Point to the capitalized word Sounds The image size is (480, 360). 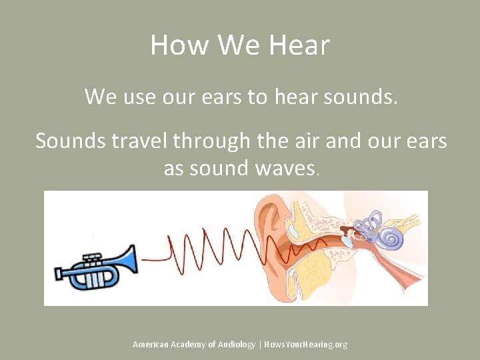[x=69, y=141]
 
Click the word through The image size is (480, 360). [x=217, y=141]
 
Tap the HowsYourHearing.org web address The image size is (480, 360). [x=306, y=345]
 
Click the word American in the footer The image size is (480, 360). [x=151, y=345]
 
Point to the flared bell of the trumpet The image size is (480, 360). [x=129, y=259]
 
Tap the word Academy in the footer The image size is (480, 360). [x=193, y=345]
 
